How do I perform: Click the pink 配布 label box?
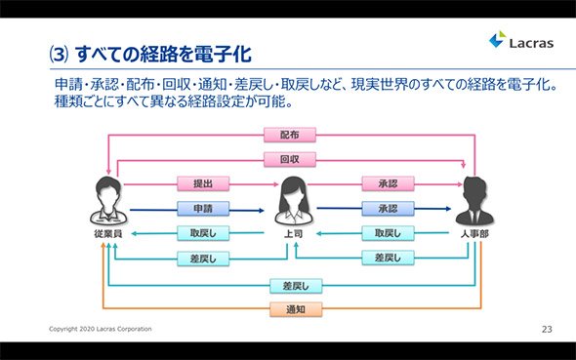(290, 135)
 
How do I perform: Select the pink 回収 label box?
(290, 159)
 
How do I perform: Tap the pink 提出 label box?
(203, 183)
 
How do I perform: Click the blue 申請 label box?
(203, 209)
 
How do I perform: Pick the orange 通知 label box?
(296, 309)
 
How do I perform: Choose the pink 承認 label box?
(388, 183)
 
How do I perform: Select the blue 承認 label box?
(388, 209)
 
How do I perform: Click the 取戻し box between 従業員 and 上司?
(203, 233)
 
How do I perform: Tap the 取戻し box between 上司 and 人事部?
(388, 233)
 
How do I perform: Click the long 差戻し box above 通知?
(296, 286)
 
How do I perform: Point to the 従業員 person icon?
(108, 201)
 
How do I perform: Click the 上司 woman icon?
(294, 201)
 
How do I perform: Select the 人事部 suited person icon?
(474, 201)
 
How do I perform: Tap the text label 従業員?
(108, 234)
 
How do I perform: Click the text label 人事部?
(474, 234)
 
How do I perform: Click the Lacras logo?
(521, 40)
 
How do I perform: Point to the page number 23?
(547, 329)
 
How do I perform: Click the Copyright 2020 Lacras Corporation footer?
(101, 329)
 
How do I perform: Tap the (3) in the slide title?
(59, 55)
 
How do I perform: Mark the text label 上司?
(294, 234)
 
